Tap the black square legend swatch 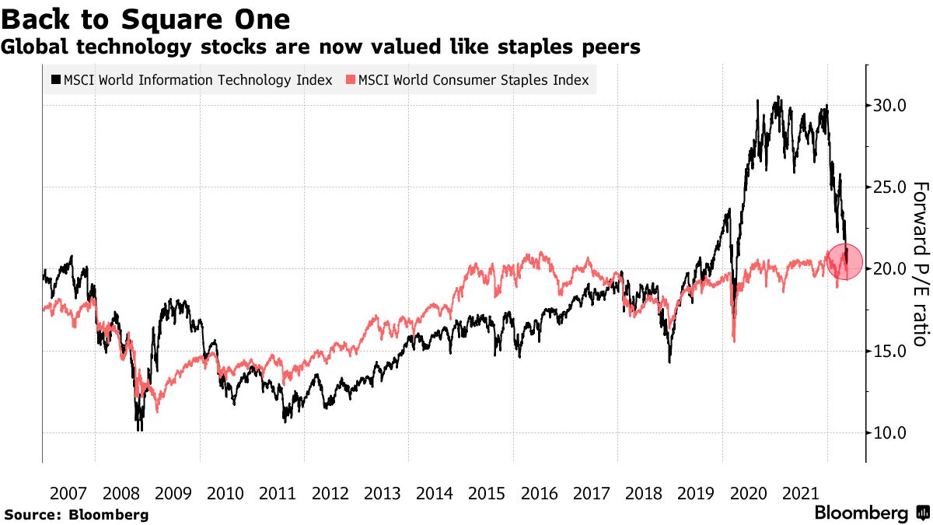click(x=55, y=80)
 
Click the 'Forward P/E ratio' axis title click(x=920, y=264)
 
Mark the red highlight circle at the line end click(x=844, y=261)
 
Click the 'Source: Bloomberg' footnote click(x=75, y=514)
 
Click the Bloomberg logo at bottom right click(x=869, y=513)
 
